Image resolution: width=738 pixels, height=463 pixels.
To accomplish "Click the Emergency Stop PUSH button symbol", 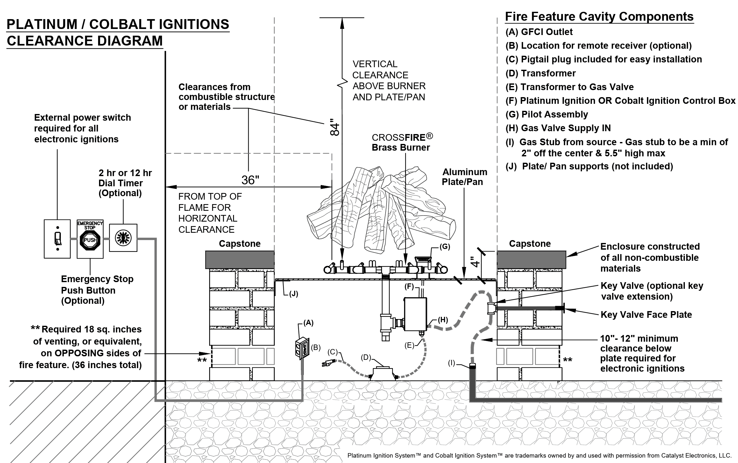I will pyautogui.click(x=90, y=240).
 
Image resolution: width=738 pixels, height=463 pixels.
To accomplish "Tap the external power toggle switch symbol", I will pyautogui.click(x=57, y=239).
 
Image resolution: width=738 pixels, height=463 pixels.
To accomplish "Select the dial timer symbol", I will pyautogui.click(x=123, y=238).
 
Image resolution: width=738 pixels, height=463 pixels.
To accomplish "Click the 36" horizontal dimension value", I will pyautogui.click(x=250, y=180).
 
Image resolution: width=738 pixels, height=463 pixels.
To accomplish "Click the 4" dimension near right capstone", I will pyautogui.click(x=475, y=261).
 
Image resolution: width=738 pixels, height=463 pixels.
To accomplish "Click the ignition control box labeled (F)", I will pyautogui.click(x=415, y=314).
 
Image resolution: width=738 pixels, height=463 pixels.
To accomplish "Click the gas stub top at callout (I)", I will pyautogui.click(x=473, y=366).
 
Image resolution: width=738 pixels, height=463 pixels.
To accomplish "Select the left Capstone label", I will pyautogui.click(x=239, y=244).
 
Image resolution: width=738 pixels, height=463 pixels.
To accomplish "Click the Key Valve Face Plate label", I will pyautogui.click(x=646, y=315).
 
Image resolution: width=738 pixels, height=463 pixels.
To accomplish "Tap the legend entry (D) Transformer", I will pyautogui.click(x=541, y=73).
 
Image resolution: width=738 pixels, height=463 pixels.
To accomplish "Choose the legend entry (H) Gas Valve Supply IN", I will pyautogui.click(x=558, y=128).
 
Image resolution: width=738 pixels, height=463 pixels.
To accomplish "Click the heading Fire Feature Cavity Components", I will pyautogui.click(x=599, y=17).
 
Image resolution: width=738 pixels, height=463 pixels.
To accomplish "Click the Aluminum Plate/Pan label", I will pyautogui.click(x=465, y=177).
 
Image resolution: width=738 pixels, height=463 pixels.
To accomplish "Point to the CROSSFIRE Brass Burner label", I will pyautogui.click(x=402, y=142).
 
